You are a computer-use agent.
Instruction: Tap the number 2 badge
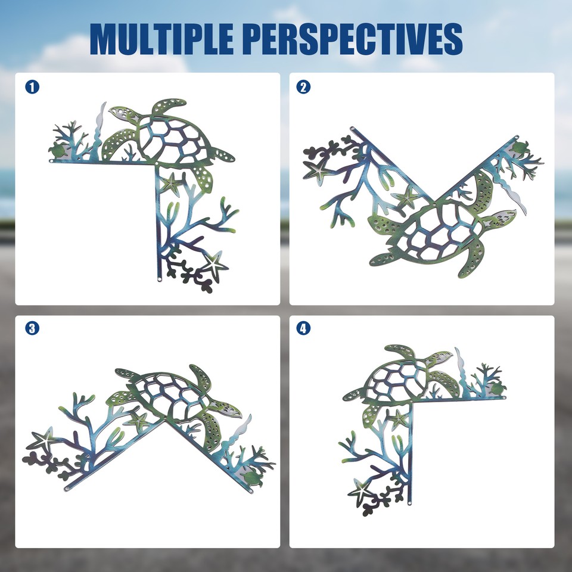[303, 87]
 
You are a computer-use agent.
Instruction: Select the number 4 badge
[303, 328]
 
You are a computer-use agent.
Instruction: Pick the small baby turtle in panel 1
[58, 151]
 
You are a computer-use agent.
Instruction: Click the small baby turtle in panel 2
[520, 147]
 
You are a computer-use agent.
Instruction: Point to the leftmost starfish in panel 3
[44, 442]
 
